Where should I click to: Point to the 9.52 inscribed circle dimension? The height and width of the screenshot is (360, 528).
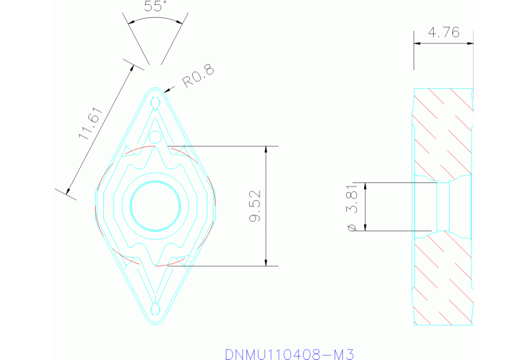tap(254, 207)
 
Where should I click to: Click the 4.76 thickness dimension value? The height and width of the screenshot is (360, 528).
tap(443, 32)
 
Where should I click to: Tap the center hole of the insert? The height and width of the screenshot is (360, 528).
tap(156, 205)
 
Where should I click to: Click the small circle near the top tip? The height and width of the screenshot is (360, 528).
tap(156, 138)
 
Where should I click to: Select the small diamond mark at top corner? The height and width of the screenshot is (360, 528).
tap(156, 103)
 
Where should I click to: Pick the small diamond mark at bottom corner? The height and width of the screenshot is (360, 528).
tap(156, 307)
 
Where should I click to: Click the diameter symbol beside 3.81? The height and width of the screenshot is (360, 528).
tap(352, 226)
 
